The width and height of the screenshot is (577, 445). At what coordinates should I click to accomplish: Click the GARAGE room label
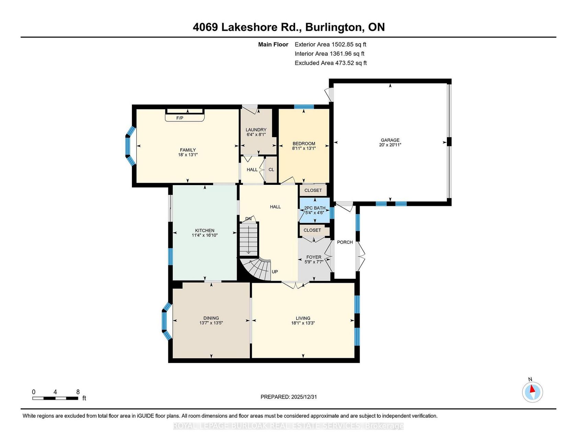point(390,140)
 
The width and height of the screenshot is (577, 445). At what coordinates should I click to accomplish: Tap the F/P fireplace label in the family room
point(180,118)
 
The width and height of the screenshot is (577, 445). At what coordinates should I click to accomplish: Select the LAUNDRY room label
point(256,130)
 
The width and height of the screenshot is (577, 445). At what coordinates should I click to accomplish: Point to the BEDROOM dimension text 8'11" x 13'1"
point(304,148)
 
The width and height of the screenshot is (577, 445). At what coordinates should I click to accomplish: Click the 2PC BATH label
point(315,208)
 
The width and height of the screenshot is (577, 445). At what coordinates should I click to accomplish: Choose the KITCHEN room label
point(205,230)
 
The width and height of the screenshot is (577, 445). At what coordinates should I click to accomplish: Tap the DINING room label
point(211,318)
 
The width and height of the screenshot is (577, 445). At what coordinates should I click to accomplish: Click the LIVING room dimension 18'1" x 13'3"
point(303,323)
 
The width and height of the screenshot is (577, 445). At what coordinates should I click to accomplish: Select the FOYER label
point(314,257)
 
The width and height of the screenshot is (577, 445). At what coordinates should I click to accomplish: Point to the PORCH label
point(345,242)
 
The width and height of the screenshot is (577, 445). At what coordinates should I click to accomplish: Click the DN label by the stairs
point(248,219)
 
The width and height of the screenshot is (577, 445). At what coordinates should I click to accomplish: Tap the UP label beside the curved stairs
point(275,272)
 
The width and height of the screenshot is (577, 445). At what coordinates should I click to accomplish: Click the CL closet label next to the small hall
point(271,169)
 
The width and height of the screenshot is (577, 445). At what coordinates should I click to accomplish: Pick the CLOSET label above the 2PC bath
point(313,190)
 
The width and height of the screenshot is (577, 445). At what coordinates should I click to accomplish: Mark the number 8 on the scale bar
point(78,392)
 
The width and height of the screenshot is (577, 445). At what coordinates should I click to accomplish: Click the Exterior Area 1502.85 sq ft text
point(330,44)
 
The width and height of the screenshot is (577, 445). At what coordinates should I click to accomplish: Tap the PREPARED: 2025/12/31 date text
point(288,397)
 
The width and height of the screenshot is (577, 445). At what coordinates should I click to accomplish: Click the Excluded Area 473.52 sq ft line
point(331,63)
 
